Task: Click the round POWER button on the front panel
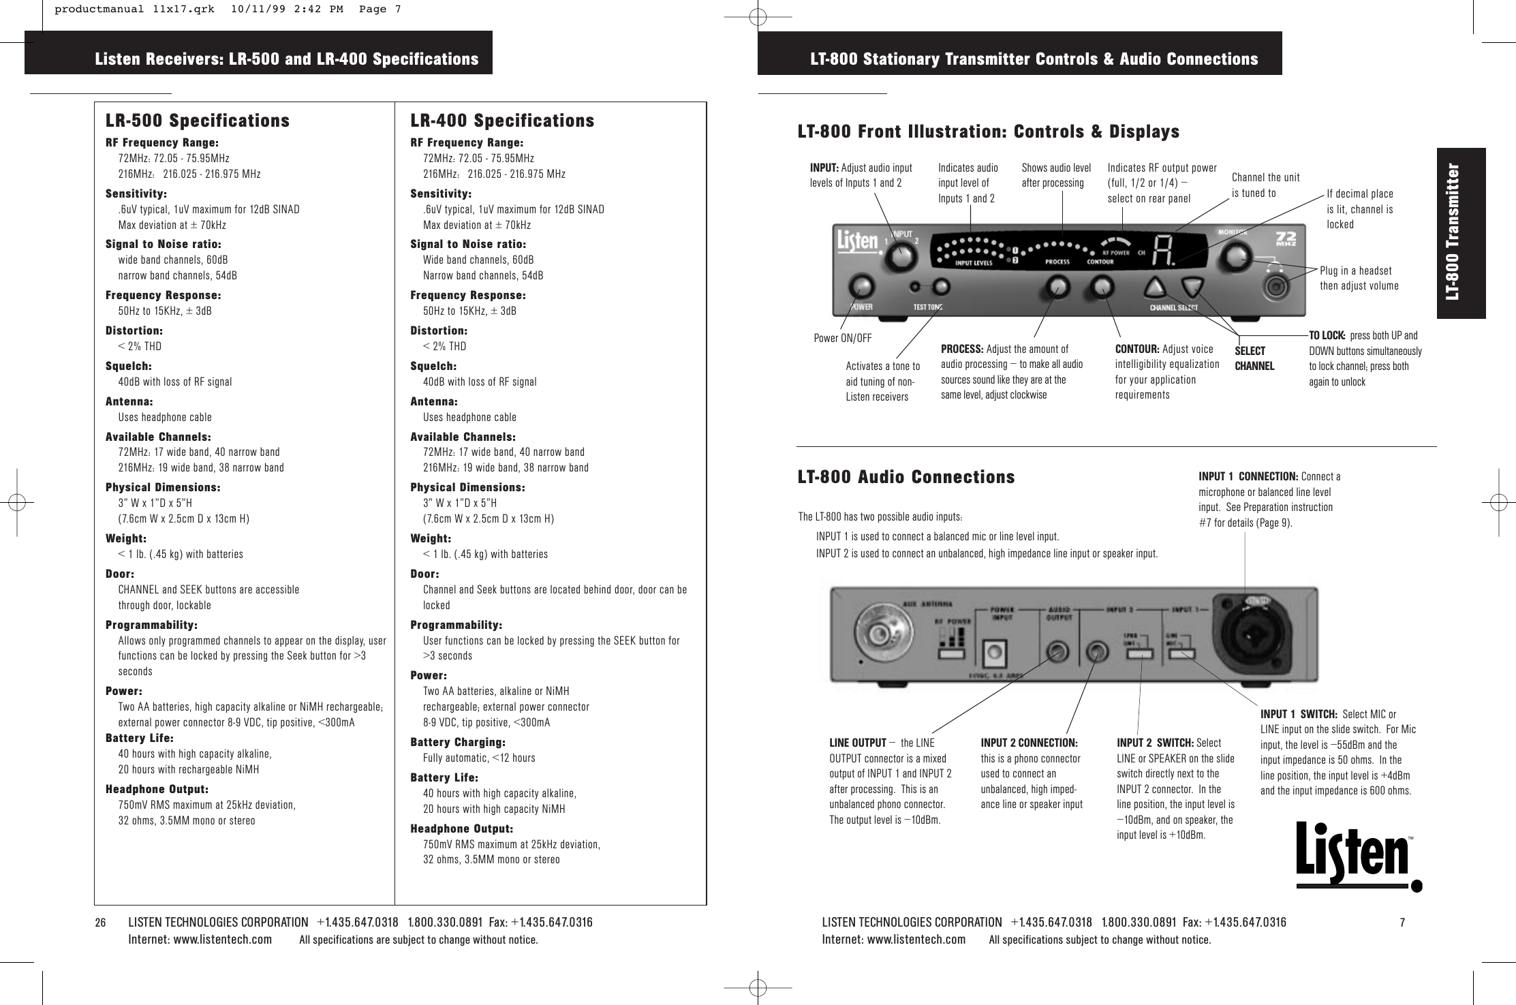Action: click(x=861, y=288)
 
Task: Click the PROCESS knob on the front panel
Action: click(x=1057, y=287)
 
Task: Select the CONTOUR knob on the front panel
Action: click(x=1101, y=287)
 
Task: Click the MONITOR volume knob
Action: click(x=1234, y=257)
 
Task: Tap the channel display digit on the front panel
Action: click(x=1163, y=253)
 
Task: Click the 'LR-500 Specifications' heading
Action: click(x=198, y=121)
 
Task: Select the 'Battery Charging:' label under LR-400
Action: click(x=458, y=742)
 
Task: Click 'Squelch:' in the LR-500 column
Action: click(x=129, y=366)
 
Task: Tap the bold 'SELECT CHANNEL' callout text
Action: click(x=1254, y=358)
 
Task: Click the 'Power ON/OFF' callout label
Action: click(x=843, y=338)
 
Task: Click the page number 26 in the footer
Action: click(x=101, y=923)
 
